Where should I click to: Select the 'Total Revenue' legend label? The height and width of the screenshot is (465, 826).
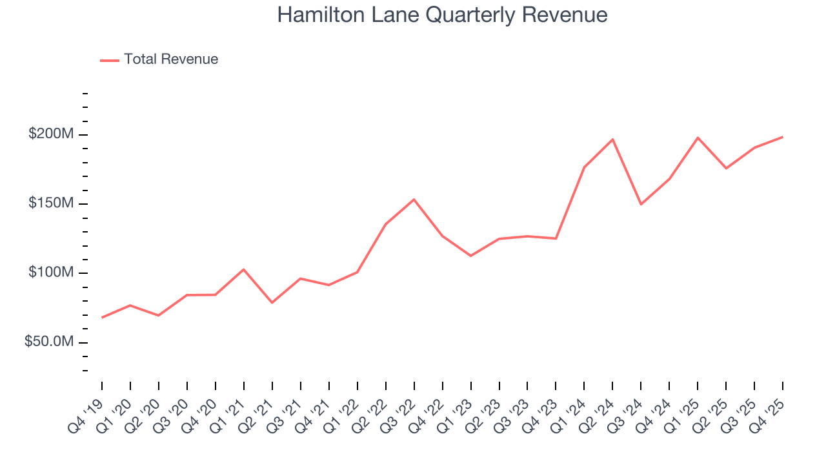click(171, 59)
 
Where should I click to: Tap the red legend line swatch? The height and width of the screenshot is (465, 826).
click(110, 60)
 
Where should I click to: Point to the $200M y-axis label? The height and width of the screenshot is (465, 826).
click(50, 134)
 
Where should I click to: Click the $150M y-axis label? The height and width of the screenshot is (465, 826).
click(50, 203)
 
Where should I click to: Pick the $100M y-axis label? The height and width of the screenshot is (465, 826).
click(50, 273)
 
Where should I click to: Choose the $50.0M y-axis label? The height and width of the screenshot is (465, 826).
click(48, 342)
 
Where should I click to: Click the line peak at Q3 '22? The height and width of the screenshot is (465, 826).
click(414, 200)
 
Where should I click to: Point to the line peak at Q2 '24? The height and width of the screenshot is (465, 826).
click(612, 139)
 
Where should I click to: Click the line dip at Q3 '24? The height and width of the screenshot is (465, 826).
click(641, 204)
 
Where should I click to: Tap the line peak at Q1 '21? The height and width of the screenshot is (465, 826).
click(243, 269)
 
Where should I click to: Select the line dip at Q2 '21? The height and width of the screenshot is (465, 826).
click(272, 302)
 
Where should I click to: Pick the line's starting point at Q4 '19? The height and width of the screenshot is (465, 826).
click(102, 317)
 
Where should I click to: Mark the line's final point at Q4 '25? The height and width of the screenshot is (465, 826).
click(782, 137)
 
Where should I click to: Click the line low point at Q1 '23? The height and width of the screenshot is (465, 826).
click(470, 256)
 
